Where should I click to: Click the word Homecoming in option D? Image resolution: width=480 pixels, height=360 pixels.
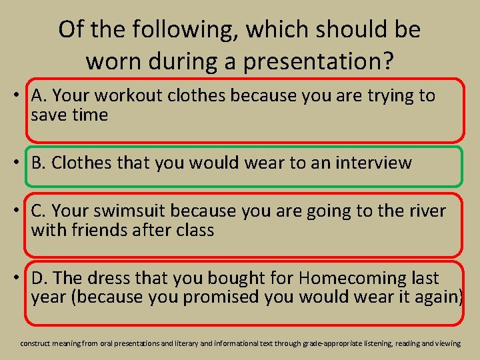pos(346,277)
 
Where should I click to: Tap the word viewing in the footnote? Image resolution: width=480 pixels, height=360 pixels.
pos(447,343)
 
